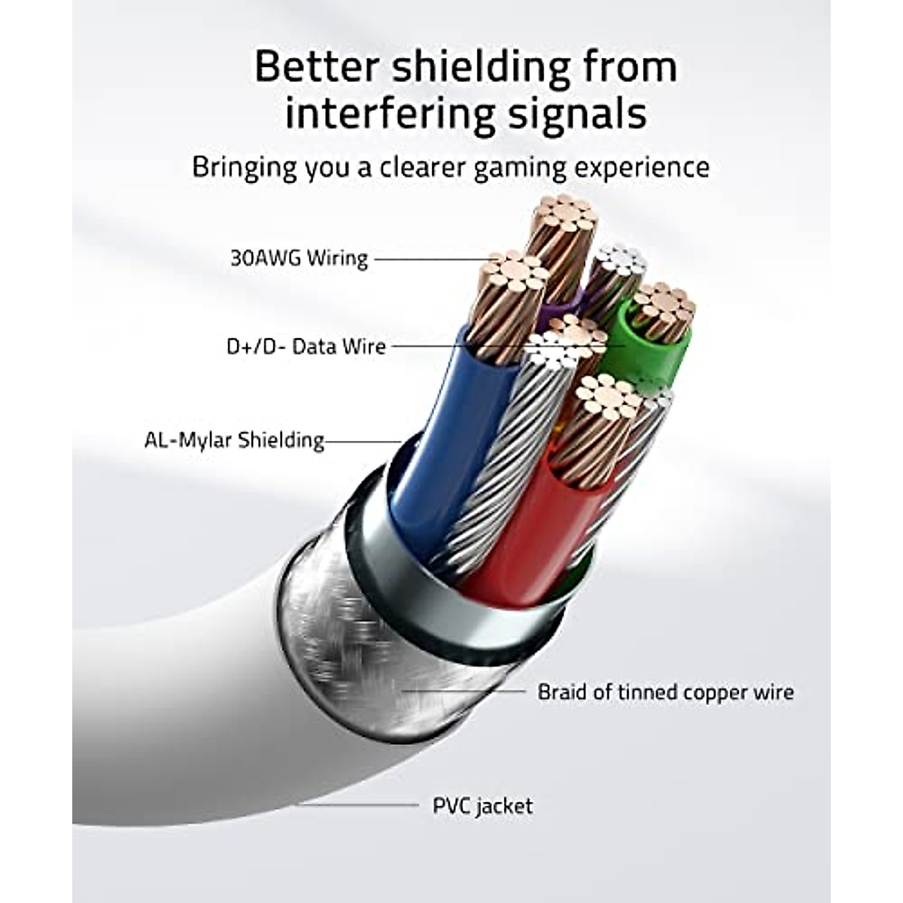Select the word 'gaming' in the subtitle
pos(521,167)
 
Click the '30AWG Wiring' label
pos(299,258)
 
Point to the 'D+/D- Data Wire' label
pos(306,347)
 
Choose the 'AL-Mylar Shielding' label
pos(234,439)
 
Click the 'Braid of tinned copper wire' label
pos(665,692)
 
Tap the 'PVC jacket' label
pos(482,806)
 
